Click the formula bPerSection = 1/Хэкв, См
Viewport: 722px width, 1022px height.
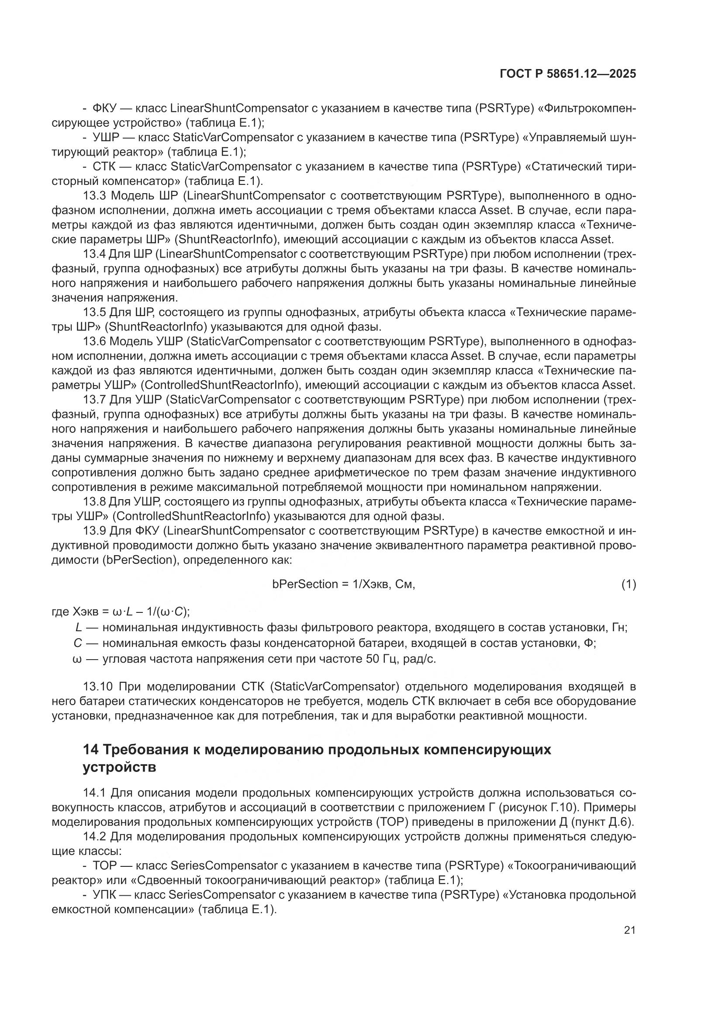[343, 584]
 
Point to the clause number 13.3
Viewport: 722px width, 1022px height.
[94, 196]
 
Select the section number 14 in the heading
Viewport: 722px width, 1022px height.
[90, 750]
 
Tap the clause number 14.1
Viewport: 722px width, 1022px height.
[94, 793]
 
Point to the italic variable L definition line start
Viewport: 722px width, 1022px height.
[78, 628]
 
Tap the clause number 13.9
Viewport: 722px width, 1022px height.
[94, 531]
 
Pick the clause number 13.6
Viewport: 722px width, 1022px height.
[94, 342]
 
